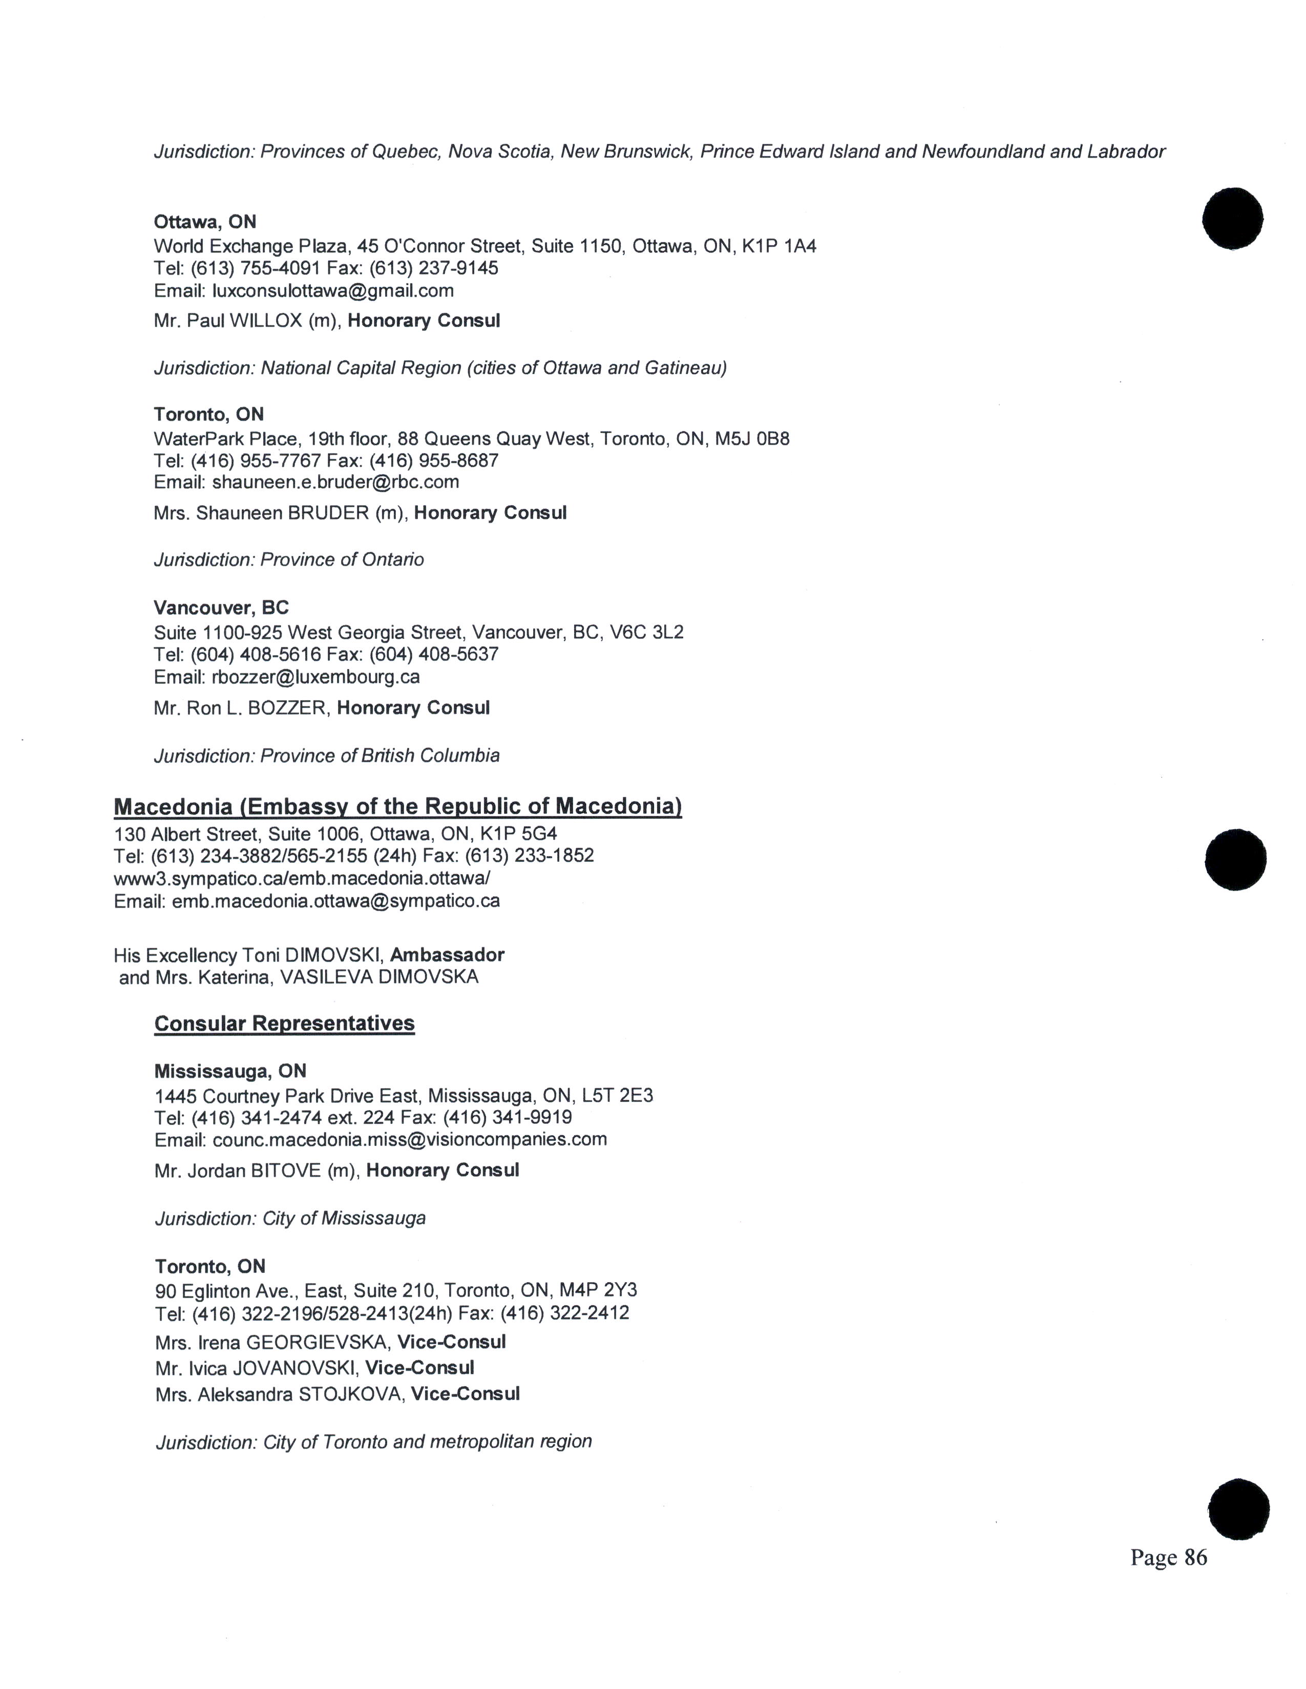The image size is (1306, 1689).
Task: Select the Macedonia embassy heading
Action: pos(397,807)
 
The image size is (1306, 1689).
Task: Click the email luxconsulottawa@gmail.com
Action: pos(333,291)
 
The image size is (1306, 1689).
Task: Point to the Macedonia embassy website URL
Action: pos(302,878)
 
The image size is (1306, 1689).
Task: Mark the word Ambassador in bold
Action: pos(447,955)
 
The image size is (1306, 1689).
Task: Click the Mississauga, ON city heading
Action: pos(230,1071)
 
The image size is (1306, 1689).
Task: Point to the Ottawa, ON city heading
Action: pos(205,222)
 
